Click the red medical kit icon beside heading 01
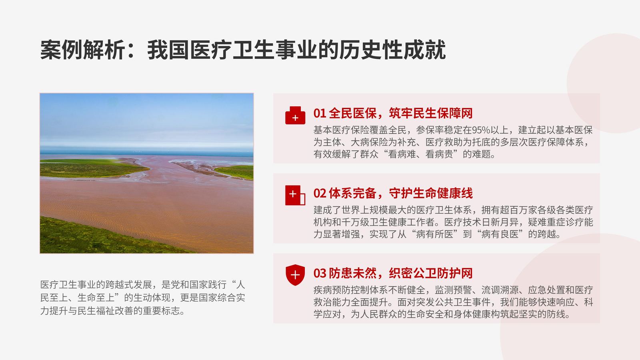pyautogui.click(x=295, y=116)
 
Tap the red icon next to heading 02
pyautogui.click(x=295, y=195)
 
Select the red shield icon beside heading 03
pyautogui.click(x=295, y=275)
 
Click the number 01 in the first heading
pyautogui.click(x=320, y=114)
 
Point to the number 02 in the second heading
pyautogui.click(x=320, y=194)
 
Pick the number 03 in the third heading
pyautogui.click(x=320, y=274)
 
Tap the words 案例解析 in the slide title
pyautogui.click(x=83, y=50)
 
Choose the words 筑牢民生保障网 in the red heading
pyautogui.click(x=431, y=114)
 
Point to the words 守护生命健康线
pyautogui.click(x=431, y=194)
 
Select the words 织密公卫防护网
pyautogui.click(x=431, y=274)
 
